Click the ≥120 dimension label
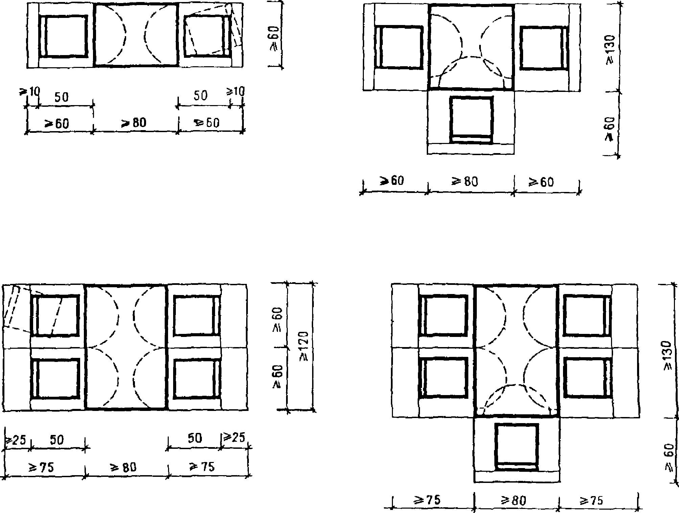tap(304, 346)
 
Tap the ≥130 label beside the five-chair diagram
tap(668, 356)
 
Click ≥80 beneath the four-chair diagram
tap(123, 467)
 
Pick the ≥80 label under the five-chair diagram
tap(514, 500)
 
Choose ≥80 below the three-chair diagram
tap(465, 182)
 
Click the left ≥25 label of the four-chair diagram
tap(15, 440)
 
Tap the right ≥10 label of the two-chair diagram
tap(235, 91)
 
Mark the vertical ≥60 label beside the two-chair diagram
tap(274, 38)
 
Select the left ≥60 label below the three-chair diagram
tap(392, 181)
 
